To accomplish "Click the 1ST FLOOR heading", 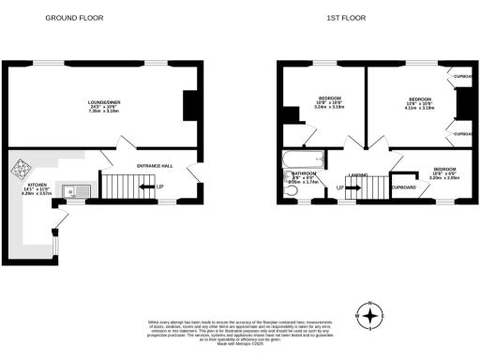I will click(345, 18).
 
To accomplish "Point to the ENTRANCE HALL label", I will click(155, 166).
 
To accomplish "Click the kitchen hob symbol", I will click(22, 172).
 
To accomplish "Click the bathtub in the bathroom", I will click(303, 159).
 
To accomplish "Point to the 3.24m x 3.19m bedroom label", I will click(328, 103).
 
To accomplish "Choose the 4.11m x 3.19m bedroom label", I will click(419, 103).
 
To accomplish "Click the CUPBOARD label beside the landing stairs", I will click(404, 187).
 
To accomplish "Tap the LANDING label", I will click(356, 175).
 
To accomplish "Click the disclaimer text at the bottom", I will click(240, 332).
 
